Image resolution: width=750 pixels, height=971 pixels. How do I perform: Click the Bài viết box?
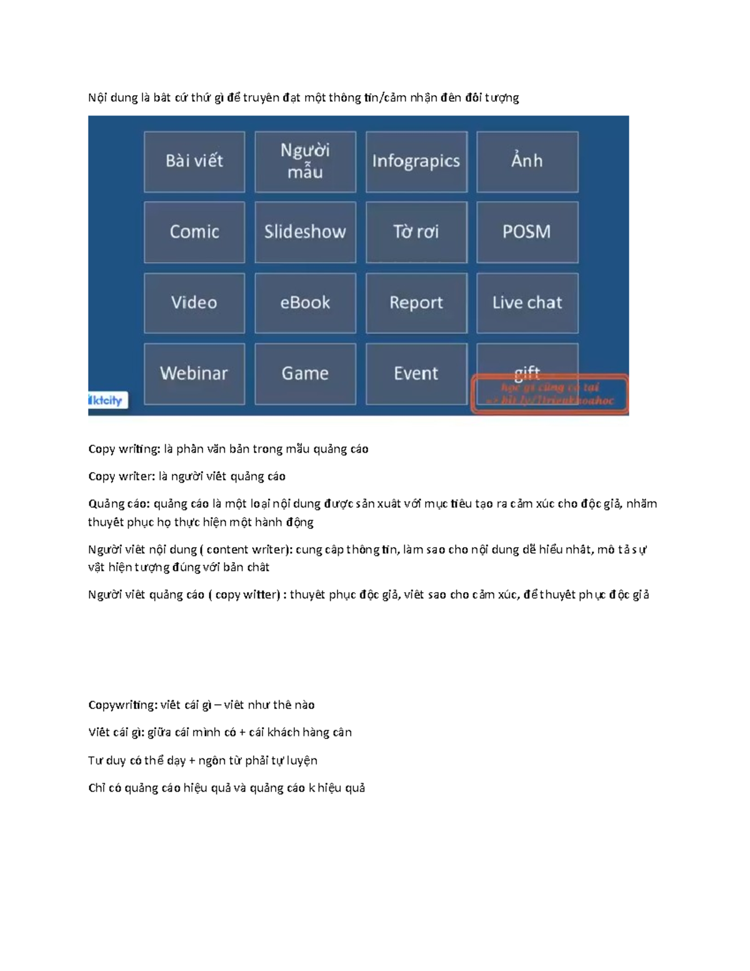(194, 161)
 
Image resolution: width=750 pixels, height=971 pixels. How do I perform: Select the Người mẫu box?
(305, 161)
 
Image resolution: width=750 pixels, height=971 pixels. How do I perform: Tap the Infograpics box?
(416, 161)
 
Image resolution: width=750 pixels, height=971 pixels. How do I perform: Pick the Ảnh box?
(527, 161)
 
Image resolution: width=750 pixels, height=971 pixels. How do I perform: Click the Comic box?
(194, 232)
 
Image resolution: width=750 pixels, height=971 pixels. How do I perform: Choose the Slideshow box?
(305, 232)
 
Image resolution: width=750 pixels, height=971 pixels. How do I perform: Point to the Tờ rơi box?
(416, 232)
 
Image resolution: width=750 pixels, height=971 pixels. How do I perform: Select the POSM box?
(527, 232)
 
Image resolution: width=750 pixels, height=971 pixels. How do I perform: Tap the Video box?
(194, 303)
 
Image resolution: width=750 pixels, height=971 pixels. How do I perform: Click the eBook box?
(305, 303)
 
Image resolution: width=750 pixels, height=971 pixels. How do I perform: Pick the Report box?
(416, 303)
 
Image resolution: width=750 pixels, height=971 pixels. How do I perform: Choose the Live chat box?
(527, 303)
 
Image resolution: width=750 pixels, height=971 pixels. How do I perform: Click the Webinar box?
(194, 373)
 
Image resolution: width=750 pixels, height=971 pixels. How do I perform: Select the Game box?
(305, 373)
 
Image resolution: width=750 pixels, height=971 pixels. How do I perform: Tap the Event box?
(416, 373)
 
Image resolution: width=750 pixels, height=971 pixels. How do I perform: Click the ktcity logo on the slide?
(107, 400)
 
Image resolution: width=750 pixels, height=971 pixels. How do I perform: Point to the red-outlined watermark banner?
(549, 394)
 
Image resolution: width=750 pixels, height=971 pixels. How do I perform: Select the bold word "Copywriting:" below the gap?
(122, 705)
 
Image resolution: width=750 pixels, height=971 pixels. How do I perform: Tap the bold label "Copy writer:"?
(121, 476)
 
